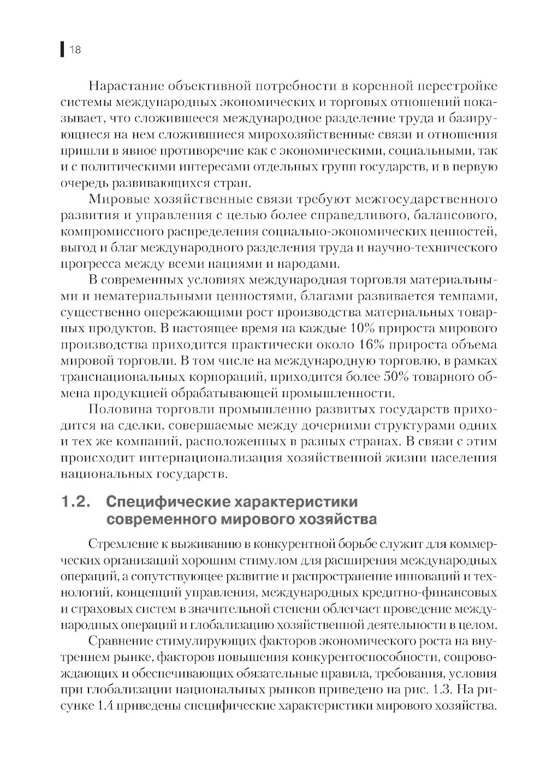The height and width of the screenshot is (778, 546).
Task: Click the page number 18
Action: point(75,51)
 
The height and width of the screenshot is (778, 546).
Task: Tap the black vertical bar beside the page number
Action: point(62,50)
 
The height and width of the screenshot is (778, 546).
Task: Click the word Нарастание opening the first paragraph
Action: point(124,87)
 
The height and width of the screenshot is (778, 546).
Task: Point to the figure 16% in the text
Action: point(373,345)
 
